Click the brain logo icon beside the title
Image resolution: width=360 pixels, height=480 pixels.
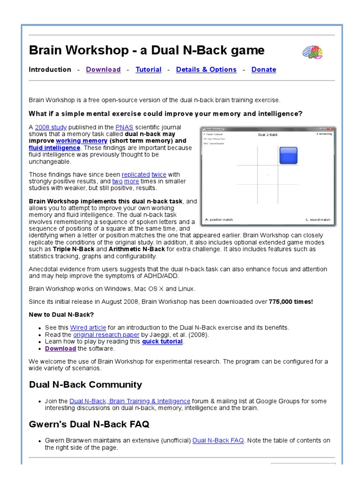point(312,52)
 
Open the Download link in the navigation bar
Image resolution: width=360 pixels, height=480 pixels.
point(103,69)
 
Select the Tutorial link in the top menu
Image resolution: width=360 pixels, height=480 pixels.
point(148,69)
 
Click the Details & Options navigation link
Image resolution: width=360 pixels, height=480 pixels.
point(206,69)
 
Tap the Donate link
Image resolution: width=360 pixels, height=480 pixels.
point(263,69)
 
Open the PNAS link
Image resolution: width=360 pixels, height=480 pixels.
point(124,127)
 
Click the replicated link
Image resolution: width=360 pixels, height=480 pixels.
point(135,174)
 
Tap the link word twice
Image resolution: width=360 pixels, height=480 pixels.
point(159,174)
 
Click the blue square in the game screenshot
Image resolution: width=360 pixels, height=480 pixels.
point(288,155)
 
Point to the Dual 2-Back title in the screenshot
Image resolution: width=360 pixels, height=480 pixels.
point(268,135)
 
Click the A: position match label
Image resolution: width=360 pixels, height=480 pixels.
point(219,219)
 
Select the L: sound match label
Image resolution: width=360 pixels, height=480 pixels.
point(318,219)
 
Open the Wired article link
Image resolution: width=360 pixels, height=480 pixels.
point(88,328)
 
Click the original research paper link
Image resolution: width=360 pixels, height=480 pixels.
point(106,335)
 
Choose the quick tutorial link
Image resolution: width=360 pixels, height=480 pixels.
point(162,342)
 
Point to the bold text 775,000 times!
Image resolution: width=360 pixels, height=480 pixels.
point(291,301)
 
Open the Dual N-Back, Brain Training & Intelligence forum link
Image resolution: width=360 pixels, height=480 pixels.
point(130,401)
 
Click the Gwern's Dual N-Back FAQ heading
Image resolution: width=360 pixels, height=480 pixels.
point(89,425)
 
